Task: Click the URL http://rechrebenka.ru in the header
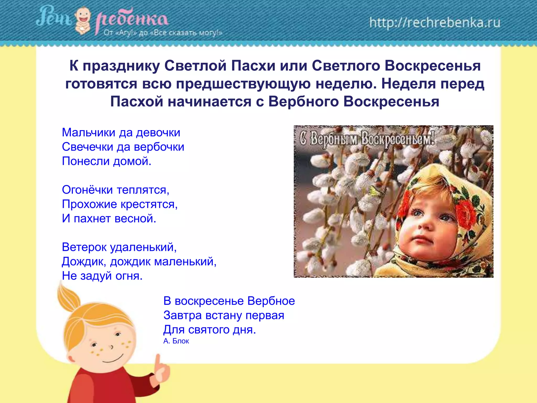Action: point(435,23)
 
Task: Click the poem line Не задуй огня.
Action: point(102,276)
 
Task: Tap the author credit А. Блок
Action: point(176,341)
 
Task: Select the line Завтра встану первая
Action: point(224,315)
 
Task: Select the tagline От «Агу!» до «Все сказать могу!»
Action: point(163,33)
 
